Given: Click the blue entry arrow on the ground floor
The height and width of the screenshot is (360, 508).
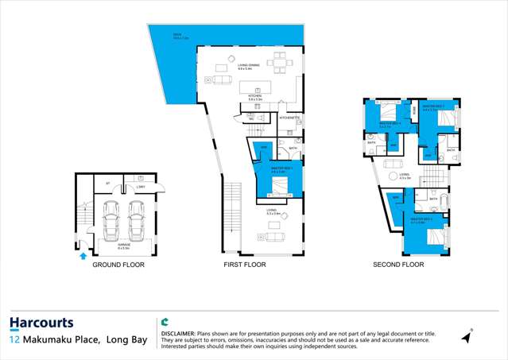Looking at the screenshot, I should point(82,256).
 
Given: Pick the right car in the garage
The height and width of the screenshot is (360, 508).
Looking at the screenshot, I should point(137,221).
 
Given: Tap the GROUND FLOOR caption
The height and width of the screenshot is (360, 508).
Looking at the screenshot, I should point(118,265).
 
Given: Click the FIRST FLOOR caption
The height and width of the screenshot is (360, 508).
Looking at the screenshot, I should point(244,265).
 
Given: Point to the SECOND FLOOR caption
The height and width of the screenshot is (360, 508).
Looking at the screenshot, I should point(398,265).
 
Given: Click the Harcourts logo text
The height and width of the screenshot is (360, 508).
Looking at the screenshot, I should point(41,323).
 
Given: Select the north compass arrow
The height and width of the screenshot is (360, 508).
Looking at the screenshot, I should point(467,337).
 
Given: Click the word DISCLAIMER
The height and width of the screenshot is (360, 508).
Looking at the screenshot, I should point(178,334).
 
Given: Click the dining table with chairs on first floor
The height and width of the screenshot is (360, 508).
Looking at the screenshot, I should point(278,60).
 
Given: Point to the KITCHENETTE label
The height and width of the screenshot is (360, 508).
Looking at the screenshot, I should point(289,118).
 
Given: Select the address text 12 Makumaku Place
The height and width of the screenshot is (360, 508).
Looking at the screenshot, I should point(78,340).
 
